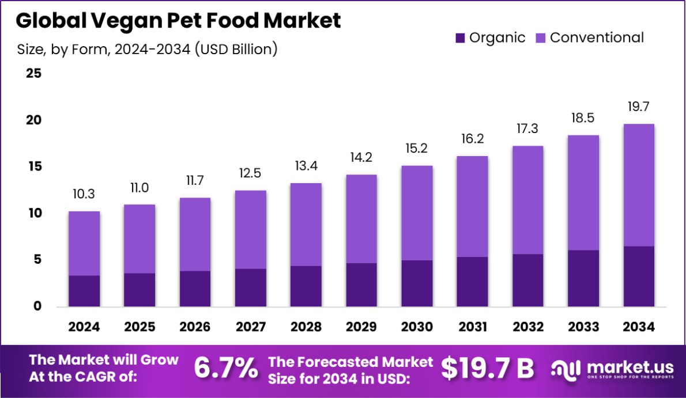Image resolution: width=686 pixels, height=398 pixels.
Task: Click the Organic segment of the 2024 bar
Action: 84,291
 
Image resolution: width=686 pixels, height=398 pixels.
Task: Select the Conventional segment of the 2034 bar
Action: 639,185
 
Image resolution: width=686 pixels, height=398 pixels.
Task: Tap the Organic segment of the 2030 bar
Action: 417,283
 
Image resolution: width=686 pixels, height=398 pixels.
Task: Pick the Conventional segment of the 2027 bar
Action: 251,229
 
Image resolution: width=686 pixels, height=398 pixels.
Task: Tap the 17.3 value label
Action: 528,130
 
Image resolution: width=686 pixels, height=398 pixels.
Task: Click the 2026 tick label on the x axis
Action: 195,327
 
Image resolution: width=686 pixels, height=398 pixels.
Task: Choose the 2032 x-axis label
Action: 528,327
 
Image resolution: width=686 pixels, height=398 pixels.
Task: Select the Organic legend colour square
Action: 460,38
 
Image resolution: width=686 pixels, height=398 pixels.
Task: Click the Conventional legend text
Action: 597,38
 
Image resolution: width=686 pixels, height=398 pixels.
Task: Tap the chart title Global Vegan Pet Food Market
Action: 178,20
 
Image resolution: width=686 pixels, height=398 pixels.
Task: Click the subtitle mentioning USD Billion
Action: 148,50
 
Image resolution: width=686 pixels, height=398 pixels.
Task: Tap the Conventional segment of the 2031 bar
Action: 472,206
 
